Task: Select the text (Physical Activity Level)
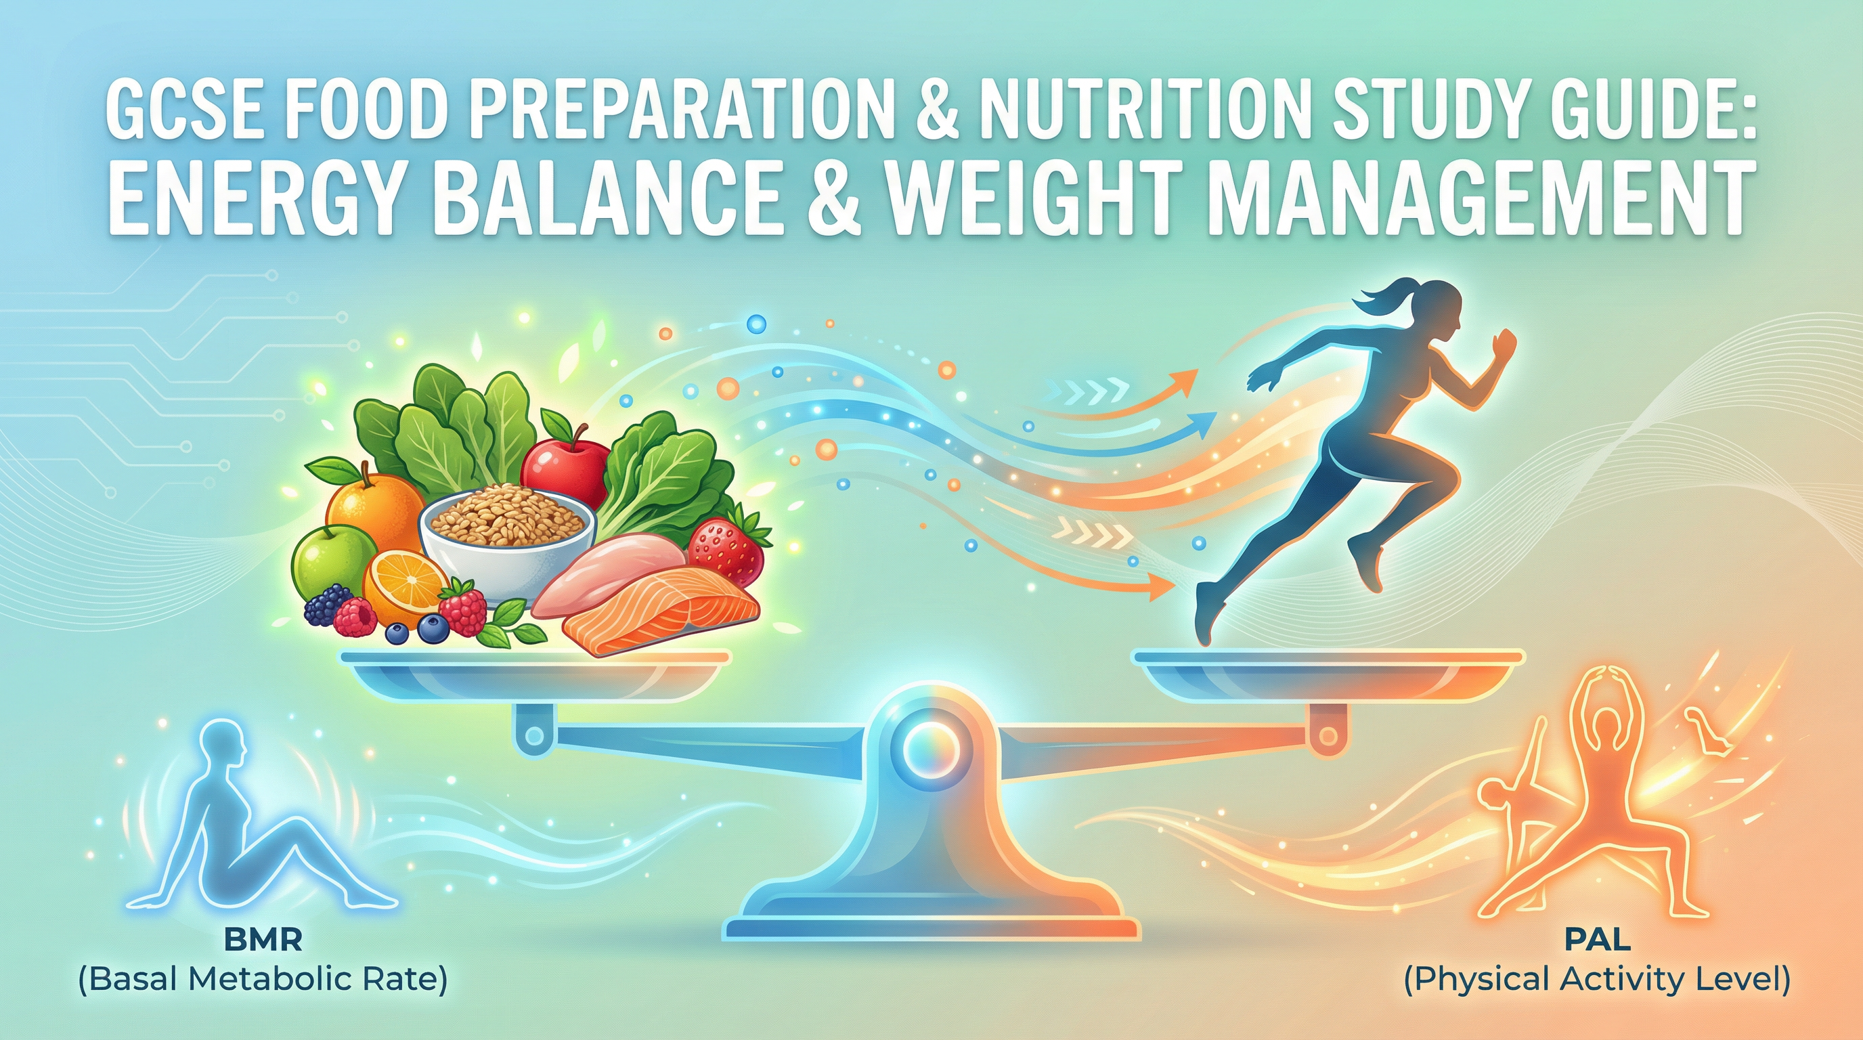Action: (x=1597, y=980)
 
